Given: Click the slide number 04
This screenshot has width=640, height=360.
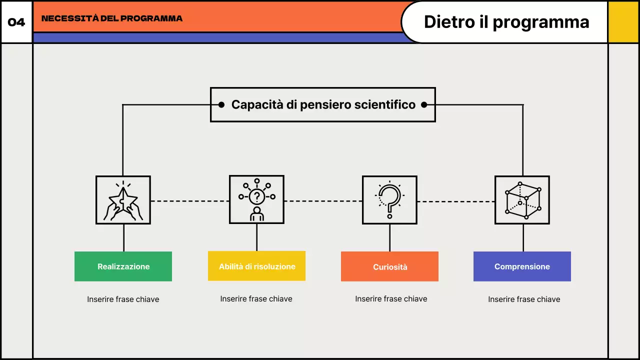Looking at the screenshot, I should (x=16, y=22).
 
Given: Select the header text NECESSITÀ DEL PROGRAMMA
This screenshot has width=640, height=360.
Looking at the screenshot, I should (x=112, y=19).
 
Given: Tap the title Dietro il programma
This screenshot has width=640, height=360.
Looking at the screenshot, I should (x=506, y=22).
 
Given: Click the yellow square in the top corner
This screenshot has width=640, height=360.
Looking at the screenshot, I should (x=623, y=22).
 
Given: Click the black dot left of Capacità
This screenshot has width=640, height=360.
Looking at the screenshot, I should (x=221, y=104).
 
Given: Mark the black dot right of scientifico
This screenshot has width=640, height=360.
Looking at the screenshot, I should (x=424, y=104).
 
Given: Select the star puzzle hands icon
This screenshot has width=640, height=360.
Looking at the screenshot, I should (x=123, y=200).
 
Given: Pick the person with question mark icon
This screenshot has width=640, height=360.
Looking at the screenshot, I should (x=256, y=199).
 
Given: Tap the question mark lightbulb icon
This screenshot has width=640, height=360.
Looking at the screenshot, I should (x=389, y=200).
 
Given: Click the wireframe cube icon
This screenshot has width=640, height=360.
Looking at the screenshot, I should (x=522, y=200).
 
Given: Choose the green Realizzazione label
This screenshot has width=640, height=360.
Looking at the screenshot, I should (x=123, y=266).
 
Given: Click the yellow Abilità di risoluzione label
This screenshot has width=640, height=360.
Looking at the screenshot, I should (x=257, y=266).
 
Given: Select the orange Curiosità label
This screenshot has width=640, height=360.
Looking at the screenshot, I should (x=390, y=267).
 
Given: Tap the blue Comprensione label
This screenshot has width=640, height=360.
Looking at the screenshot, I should (x=522, y=266).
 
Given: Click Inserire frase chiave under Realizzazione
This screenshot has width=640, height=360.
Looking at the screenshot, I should (x=123, y=299).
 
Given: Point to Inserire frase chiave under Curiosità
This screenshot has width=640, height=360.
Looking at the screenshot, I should (x=391, y=299).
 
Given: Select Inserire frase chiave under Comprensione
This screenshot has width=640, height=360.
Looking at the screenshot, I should (x=524, y=299).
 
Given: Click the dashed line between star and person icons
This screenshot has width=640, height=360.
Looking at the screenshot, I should (x=190, y=201).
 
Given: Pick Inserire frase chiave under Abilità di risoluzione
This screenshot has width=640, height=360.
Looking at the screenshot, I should (x=256, y=299).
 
